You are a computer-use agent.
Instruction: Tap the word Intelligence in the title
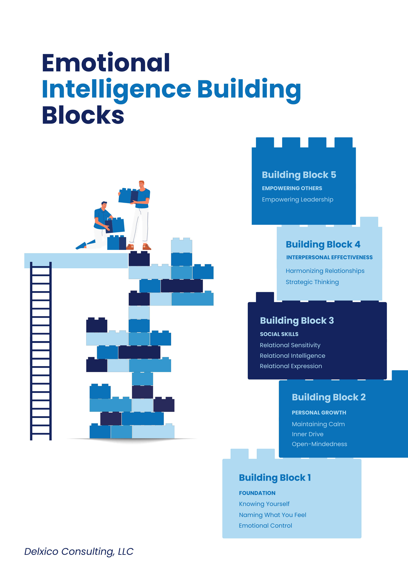tap(116, 89)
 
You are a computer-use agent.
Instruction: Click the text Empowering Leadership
tap(297, 200)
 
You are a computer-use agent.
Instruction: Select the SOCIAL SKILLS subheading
tap(279, 334)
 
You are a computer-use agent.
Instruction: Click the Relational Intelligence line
tap(292, 356)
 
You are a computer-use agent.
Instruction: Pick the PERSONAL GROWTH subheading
tap(319, 413)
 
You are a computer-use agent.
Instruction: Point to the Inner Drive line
tap(307, 434)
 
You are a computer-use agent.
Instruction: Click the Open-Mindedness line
tap(319, 444)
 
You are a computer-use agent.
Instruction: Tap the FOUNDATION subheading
tap(257, 493)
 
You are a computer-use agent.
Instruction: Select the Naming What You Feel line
tap(272, 515)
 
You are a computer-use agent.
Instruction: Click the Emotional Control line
tap(265, 526)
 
